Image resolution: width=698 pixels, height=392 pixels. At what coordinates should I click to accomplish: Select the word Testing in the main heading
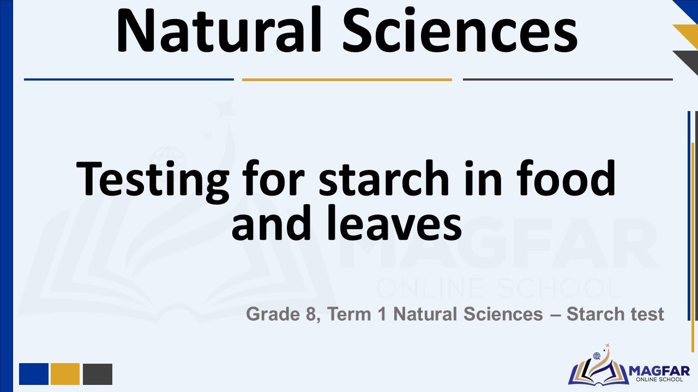click(153, 179)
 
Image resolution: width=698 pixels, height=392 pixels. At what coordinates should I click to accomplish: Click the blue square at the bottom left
click(34, 374)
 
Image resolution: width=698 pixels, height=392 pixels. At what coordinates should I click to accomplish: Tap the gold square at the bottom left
click(65, 374)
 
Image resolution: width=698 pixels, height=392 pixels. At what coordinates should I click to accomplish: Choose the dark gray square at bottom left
click(98, 374)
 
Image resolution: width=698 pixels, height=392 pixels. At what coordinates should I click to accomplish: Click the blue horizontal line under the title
click(129, 79)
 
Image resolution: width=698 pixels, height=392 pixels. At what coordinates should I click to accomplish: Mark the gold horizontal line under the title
click(347, 79)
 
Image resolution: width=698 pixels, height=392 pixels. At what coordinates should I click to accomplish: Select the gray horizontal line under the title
click(568, 79)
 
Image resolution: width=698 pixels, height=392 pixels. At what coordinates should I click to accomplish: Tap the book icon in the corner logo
click(598, 370)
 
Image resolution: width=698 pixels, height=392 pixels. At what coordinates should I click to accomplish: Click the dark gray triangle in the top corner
click(689, 60)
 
